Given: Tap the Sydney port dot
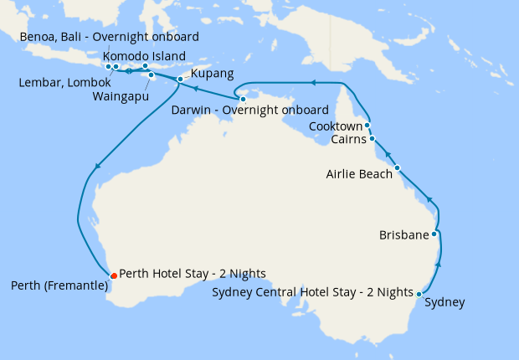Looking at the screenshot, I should tap(419, 294).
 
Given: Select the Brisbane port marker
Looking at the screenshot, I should tap(434, 234).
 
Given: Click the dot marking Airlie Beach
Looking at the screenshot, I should tap(398, 168).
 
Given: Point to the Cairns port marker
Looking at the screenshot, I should tap(372, 139).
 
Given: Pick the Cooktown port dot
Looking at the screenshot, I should tap(367, 126).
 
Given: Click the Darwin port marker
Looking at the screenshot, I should tap(243, 100).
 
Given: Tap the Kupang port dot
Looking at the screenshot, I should tap(180, 80).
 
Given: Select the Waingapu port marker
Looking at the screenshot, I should tap(152, 75).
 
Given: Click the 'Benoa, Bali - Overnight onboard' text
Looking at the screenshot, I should tap(109, 37).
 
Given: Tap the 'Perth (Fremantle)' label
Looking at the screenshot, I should tap(59, 286).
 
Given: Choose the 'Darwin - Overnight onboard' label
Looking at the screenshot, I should tap(249, 111).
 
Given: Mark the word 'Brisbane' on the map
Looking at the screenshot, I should tap(403, 235).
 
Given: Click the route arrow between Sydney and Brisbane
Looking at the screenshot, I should tap(439, 265).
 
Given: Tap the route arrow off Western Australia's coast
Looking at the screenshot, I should tap(97, 167).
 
